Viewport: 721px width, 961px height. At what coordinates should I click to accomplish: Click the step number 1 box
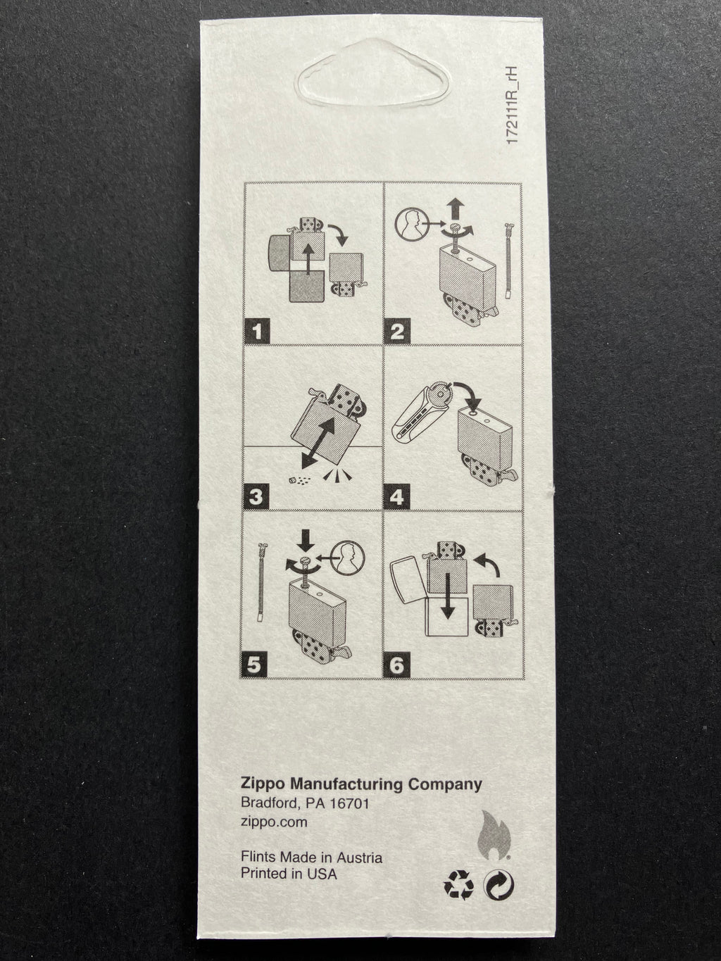click(x=258, y=332)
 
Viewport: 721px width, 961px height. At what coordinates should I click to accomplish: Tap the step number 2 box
click(x=397, y=332)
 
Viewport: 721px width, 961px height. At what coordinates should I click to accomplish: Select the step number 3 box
click(x=256, y=497)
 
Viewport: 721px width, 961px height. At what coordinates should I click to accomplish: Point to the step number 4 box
click(x=396, y=497)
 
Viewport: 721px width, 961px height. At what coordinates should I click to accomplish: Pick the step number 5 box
click(x=254, y=665)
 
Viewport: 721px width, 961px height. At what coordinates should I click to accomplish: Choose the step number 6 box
click(x=396, y=665)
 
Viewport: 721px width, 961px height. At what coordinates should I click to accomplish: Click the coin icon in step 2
click(x=411, y=224)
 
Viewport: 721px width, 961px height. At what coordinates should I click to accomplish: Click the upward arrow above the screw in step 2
click(x=456, y=208)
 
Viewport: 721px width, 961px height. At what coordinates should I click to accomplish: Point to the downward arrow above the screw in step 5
click(x=305, y=541)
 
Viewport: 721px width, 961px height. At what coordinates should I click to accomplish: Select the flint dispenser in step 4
click(x=424, y=414)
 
